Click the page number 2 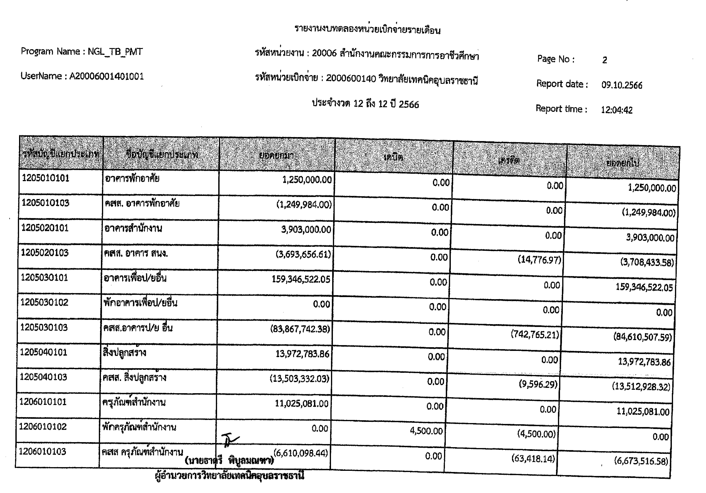(604, 60)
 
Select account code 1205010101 (46, 178)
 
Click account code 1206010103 (42, 451)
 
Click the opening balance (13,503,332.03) (299, 379)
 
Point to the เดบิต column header (393, 157)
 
